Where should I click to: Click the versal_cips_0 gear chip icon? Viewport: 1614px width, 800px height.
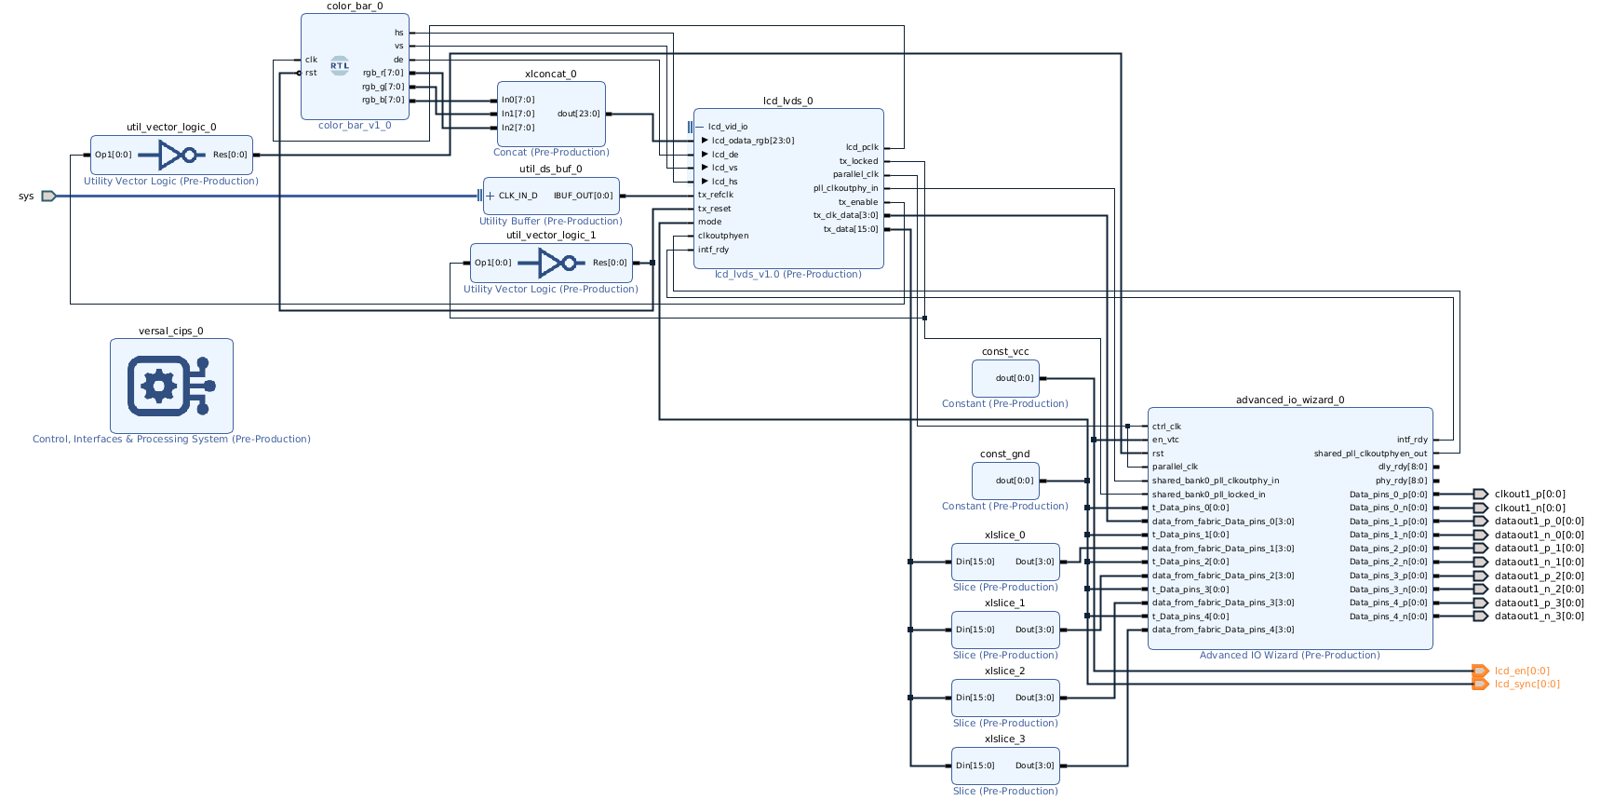click(x=171, y=386)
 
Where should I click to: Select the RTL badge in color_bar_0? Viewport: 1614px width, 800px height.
click(x=340, y=66)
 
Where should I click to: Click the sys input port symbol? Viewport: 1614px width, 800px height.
click(x=48, y=196)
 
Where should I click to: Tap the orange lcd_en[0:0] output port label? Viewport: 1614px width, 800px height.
click(x=1522, y=671)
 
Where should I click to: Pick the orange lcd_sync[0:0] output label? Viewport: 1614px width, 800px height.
click(x=1527, y=684)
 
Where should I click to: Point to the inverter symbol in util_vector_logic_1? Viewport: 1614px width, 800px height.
click(x=553, y=263)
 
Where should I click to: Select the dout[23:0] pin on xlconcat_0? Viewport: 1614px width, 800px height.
click(x=578, y=114)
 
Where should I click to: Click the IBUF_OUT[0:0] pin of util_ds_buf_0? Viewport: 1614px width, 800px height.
click(x=584, y=196)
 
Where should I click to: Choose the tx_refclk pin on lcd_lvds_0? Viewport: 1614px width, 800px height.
click(x=716, y=195)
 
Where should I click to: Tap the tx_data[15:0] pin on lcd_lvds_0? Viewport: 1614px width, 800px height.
click(x=851, y=229)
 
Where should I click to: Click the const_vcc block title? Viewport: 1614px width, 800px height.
click(x=1005, y=352)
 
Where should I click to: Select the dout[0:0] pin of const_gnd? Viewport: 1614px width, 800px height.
click(x=1015, y=481)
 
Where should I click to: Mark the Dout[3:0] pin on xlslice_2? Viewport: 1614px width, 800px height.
click(x=1035, y=698)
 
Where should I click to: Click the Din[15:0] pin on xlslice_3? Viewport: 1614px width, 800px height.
click(x=975, y=766)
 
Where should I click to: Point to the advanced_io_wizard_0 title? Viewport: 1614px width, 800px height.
click(x=1290, y=400)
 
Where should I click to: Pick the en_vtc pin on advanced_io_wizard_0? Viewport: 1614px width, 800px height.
click(x=1165, y=440)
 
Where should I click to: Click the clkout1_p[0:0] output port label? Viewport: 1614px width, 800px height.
click(x=1530, y=495)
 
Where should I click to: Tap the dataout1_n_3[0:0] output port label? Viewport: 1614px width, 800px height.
click(x=1540, y=616)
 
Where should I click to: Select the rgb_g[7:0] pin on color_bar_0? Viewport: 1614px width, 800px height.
click(x=383, y=87)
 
